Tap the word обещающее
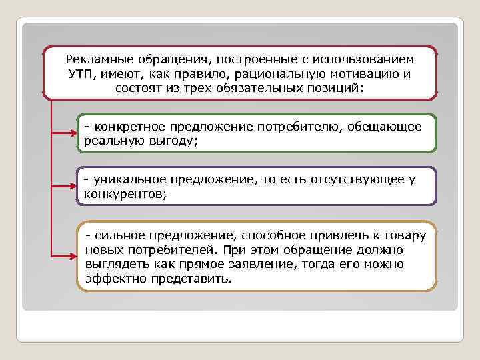point(387,127)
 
